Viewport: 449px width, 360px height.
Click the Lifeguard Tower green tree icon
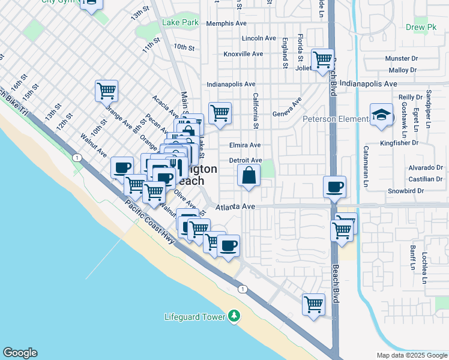click(x=234, y=316)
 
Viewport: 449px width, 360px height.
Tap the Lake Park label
click(x=180, y=23)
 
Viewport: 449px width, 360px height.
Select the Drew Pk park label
click(x=420, y=27)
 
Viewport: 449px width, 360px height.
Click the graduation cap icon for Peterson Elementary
click(x=381, y=115)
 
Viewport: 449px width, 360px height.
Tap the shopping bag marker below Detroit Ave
click(x=249, y=176)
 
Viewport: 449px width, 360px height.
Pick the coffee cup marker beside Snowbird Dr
click(x=334, y=186)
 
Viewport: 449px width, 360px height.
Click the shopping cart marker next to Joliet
click(x=322, y=59)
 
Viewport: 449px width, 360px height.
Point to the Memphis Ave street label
click(x=226, y=23)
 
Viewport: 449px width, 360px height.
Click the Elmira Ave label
click(x=245, y=145)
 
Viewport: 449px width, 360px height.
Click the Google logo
click(x=20, y=353)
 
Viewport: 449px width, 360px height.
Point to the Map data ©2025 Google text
click(x=411, y=355)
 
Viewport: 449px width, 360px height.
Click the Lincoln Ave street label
click(x=259, y=38)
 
